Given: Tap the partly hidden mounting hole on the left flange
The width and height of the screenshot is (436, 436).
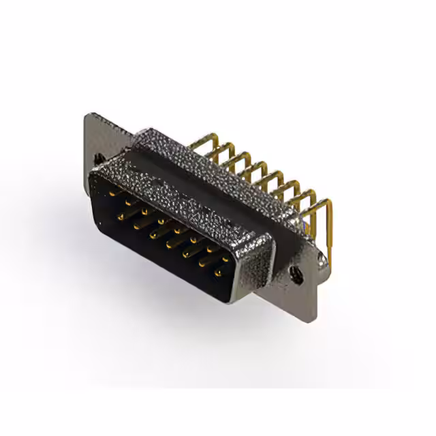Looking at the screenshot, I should [x=100, y=158].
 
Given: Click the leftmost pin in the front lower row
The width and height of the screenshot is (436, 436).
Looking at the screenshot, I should [x=121, y=217].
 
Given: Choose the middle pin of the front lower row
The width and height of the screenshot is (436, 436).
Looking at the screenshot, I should [x=168, y=243].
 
